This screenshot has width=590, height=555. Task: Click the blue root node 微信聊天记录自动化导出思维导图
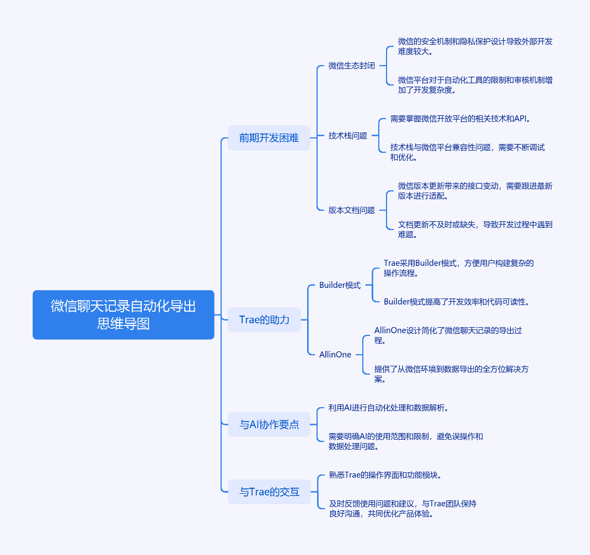(x=124, y=315)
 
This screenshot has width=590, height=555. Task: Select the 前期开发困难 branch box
(x=269, y=138)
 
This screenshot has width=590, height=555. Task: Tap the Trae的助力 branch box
(x=264, y=319)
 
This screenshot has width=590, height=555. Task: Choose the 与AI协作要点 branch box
(x=269, y=424)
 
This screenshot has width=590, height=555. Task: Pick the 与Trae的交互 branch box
(x=270, y=492)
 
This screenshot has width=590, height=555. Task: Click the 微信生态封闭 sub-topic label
(x=351, y=66)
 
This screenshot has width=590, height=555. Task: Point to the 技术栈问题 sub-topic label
(x=348, y=136)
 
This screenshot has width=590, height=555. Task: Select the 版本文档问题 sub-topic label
(x=351, y=210)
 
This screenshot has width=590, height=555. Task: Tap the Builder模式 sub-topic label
(x=340, y=285)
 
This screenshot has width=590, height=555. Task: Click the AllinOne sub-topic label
(x=335, y=354)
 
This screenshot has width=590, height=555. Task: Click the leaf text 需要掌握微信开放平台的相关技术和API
(x=460, y=119)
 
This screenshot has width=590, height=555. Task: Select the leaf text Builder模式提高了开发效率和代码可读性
(x=457, y=302)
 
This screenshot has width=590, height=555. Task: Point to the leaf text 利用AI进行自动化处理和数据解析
(x=388, y=408)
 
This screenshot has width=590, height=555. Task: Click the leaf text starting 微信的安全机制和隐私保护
(x=475, y=46)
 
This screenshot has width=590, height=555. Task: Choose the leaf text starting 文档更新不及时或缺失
(x=475, y=230)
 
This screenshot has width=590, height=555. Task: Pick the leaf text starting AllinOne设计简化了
(x=448, y=335)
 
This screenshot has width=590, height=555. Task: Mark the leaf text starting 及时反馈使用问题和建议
(x=403, y=509)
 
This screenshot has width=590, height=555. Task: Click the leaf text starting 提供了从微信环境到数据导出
(x=452, y=374)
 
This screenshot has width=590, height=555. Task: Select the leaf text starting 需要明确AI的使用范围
(x=406, y=441)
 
